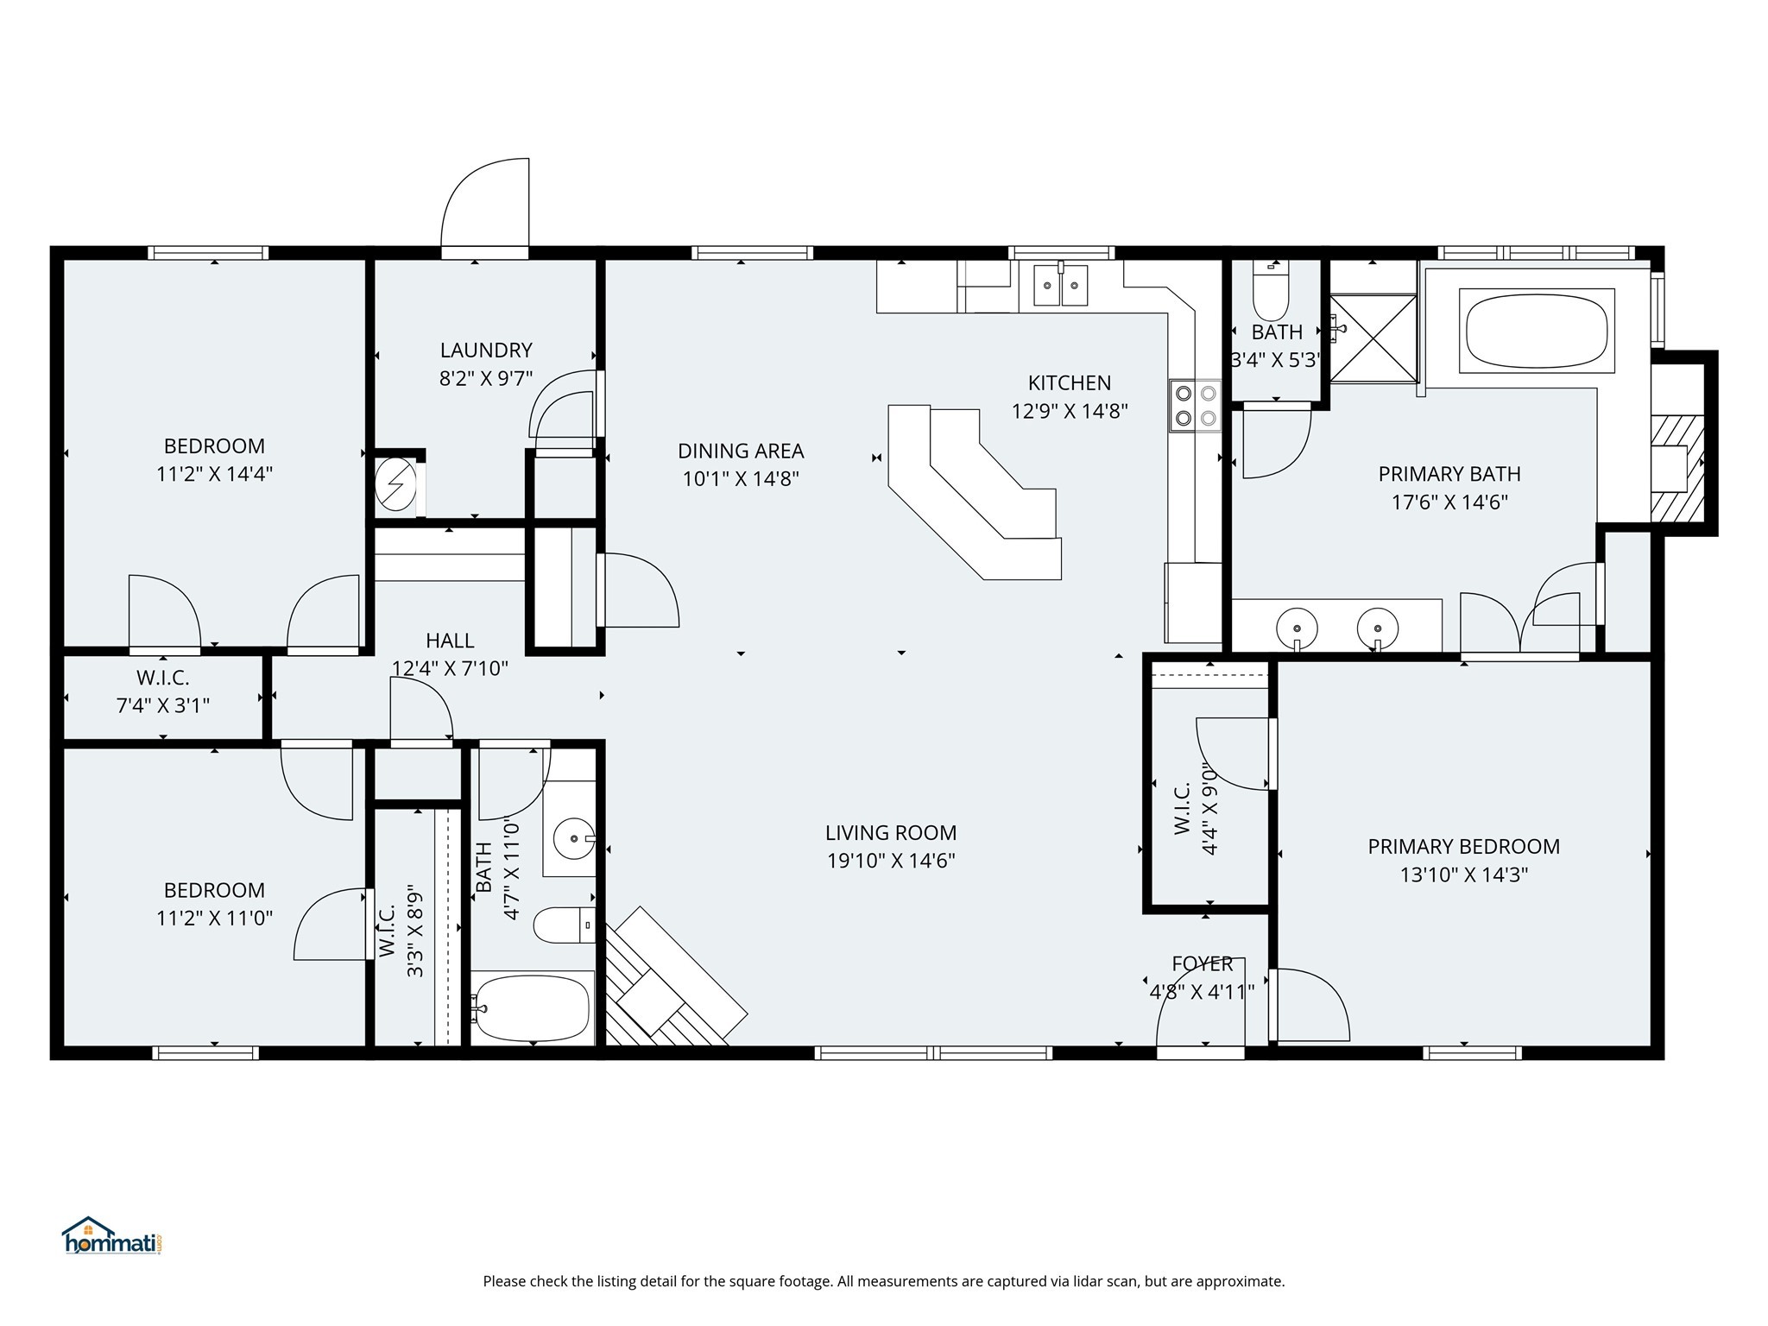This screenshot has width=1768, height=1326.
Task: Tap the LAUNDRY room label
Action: click(x=486, y=350)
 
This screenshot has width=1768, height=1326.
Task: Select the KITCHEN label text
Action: click(x=1070, y=382)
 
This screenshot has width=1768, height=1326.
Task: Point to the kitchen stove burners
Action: click(x=1196, y=406)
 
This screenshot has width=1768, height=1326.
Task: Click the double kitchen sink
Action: click(x=1062, y=285)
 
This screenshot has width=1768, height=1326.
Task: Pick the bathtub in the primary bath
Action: click(x=1537, y=331)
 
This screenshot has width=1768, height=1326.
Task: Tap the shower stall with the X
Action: click(x=1373, y=338)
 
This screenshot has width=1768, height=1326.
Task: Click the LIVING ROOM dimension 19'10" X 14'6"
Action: click(x=891, y=861)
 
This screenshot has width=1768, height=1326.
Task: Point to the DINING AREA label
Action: click(x=741, y=451)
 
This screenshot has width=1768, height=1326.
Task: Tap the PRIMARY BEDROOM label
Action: click(x=1464, y=846)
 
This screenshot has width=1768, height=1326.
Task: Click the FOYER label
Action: click(x=1203, y=963)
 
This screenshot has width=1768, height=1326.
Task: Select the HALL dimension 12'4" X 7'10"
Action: click(x=450, y=668)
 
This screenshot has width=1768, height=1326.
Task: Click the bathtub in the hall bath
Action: click(x=532, y=1007)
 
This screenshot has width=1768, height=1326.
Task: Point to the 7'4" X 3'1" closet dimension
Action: click(x=163, y=705)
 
